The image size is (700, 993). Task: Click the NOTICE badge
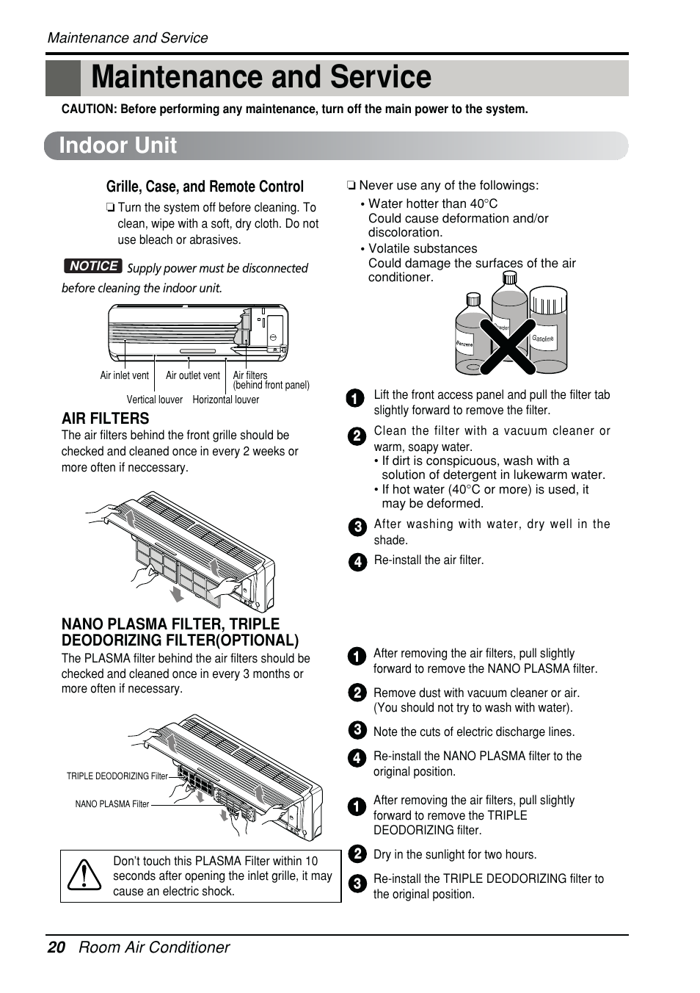pos(92,266)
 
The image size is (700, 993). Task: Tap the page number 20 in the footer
pos(56,947)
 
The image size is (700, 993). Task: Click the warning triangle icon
pos(85,875)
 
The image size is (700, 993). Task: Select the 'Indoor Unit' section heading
pos(118,145)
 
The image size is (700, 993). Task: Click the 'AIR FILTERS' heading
pos(105,419)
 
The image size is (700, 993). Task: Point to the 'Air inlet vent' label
pos(124,375)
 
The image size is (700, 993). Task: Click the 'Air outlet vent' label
pos(192,375)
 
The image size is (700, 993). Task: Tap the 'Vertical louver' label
pos(154,400)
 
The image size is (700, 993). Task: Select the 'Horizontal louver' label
pos(225,400)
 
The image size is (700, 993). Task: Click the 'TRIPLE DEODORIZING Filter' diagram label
pos(117,776)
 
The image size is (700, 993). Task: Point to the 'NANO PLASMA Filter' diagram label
pos(112,804)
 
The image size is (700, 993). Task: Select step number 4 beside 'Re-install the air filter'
pos(357,562)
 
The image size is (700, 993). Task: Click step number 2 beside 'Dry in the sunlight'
pos(357,853)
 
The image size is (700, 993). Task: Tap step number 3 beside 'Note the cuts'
pos(357,730)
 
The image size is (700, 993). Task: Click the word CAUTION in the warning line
pos(89,109)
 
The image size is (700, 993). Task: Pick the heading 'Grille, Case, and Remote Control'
pos(205,187)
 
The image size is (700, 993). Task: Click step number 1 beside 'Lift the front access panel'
pos(355,398)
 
